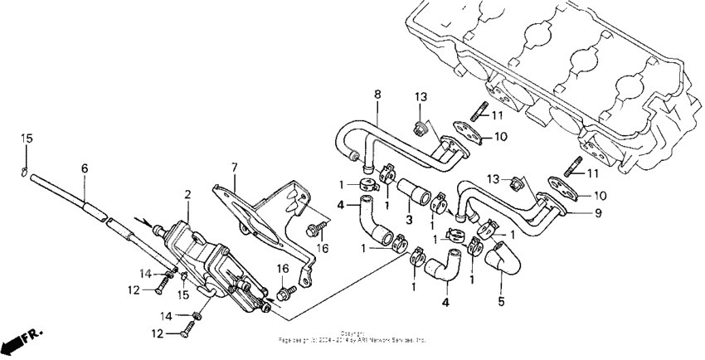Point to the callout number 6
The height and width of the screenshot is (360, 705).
[84, 168]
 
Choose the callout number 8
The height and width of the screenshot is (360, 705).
[377, 95]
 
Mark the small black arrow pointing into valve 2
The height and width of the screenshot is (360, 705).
[152, 223]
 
